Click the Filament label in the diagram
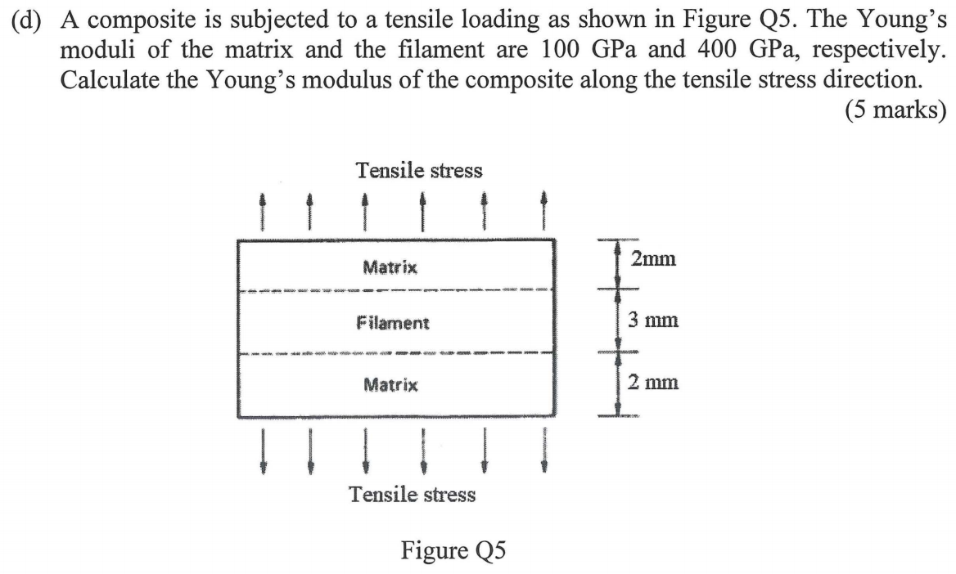[393, 323]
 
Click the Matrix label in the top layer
[390, 267]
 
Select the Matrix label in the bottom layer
[390, 383]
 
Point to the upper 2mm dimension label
[653, 259]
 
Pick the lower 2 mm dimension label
[653, 382]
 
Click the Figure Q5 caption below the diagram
[453, 549]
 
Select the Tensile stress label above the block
[419, 171]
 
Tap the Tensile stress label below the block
[412, 494]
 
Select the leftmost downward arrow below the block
[263, 452]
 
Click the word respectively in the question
[880, 50]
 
